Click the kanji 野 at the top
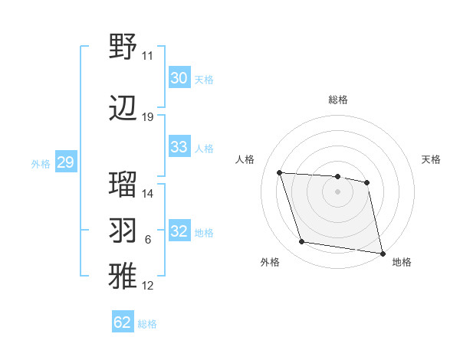[123, 47]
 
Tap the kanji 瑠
[123, 185]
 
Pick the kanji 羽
[123, 231]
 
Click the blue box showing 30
[179, 78]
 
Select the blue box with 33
[179, 147]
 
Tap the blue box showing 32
[179, 232]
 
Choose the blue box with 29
[65, 162]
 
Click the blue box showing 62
[123, 322]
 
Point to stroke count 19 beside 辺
[148, 117]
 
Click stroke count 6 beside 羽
[148, 240]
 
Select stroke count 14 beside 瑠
[148, 194]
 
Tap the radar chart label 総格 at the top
[337, 100]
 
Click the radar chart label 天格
[432, 159]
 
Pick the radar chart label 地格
[402, 262]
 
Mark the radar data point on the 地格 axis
[381, 252]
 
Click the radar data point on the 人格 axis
[280, 173]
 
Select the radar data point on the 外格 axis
[302, 242]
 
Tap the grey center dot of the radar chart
[337, 191]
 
